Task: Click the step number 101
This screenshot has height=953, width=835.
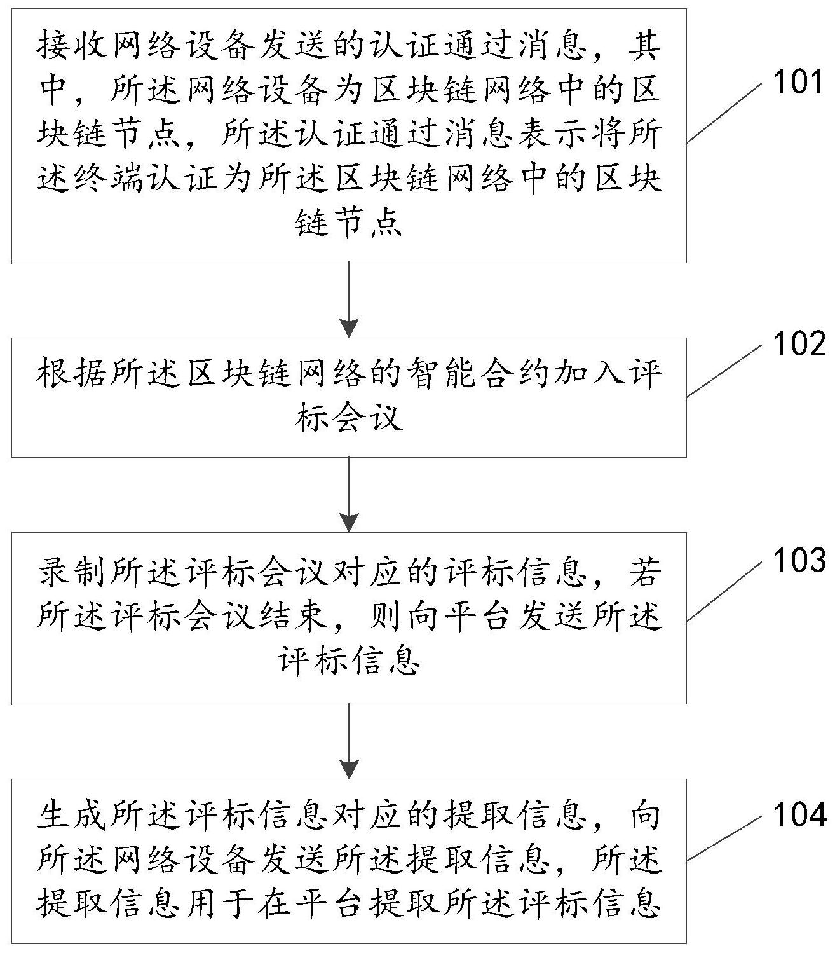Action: pos(798,83)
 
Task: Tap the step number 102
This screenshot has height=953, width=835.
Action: pos(798,345)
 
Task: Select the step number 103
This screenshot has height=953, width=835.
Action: pos(798,561)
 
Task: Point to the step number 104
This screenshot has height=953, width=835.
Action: pos(798,814)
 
